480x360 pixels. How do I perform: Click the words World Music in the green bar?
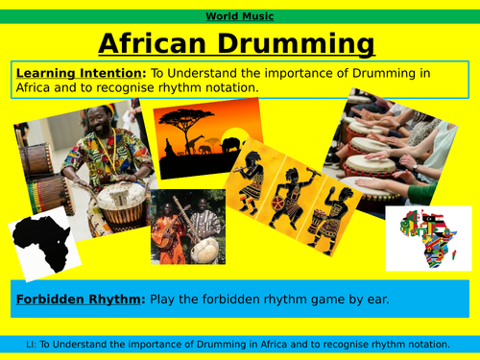[239, 16]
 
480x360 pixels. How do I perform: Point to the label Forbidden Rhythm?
[76, 300]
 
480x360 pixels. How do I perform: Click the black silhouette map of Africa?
[44, 244]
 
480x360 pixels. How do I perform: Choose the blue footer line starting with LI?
[239, 343]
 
